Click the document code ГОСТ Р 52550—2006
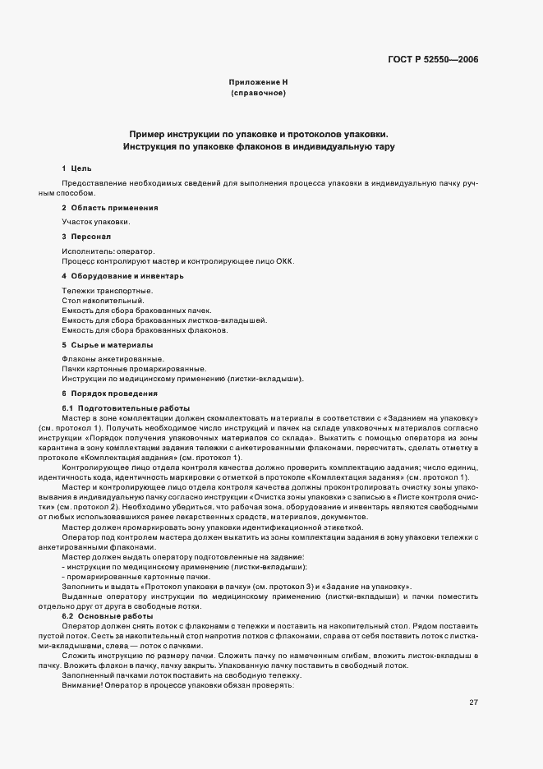click(x=433, y=60)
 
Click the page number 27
click(x=473, y=656)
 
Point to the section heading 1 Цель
click(x=71, y=168)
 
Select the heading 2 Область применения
click(x=109, y=207)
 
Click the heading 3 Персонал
click(x=85, y=236)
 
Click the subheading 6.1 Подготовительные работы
click(x=126, y=408)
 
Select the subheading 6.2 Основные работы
click(x=108, y=615)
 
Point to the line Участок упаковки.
click(x=94, y=222)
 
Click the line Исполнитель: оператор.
click(x=108, y=251)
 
